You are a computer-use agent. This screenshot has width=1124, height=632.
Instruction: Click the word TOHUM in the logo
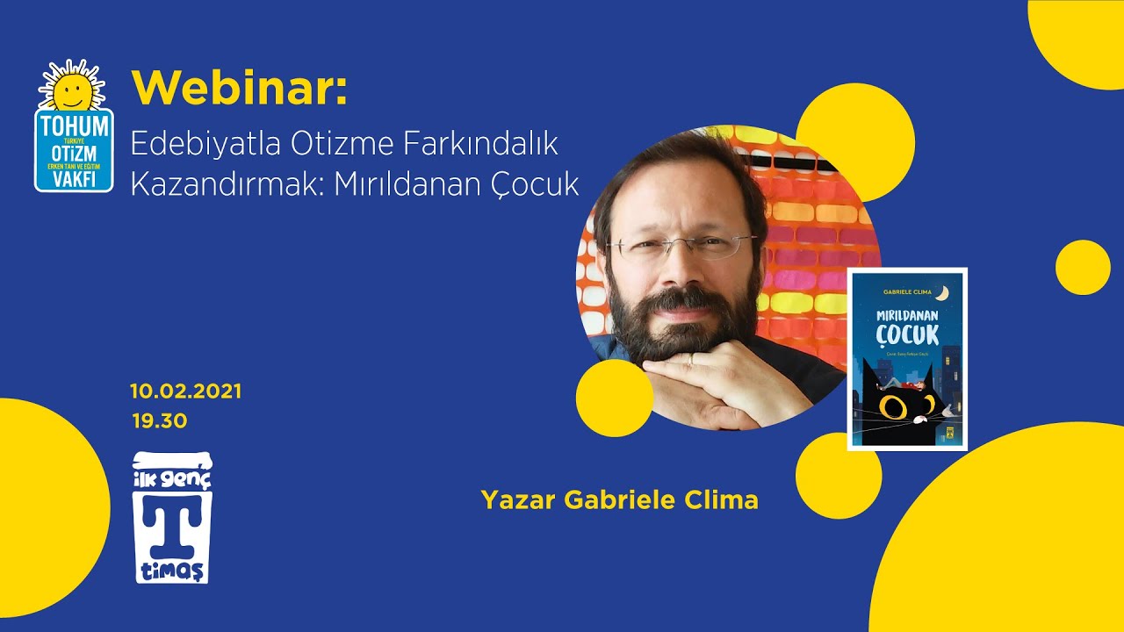tap(74, 126)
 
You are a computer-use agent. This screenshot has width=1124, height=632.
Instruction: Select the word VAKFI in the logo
tap(74, 178)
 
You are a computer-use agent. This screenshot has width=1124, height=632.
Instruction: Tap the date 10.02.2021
tap(185, 391)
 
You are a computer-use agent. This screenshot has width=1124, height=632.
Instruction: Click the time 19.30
tap(160, 421)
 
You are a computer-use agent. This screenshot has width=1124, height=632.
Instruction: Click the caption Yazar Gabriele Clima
tap(619, 500)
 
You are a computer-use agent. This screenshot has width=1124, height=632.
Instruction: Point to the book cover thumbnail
tap(907, 359)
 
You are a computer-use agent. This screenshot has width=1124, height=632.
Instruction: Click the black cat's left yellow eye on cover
tap(893, 406)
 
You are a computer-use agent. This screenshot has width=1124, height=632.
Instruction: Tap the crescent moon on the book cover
tap(942, 292)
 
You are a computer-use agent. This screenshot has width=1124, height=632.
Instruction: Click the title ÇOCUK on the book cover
tap(907, 334)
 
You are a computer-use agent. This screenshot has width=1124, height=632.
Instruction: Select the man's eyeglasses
tap(681, 244)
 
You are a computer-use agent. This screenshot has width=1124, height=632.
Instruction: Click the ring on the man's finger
tap(692, 359)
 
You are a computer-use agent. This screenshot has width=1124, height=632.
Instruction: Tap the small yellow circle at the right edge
tap(1082, 267)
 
